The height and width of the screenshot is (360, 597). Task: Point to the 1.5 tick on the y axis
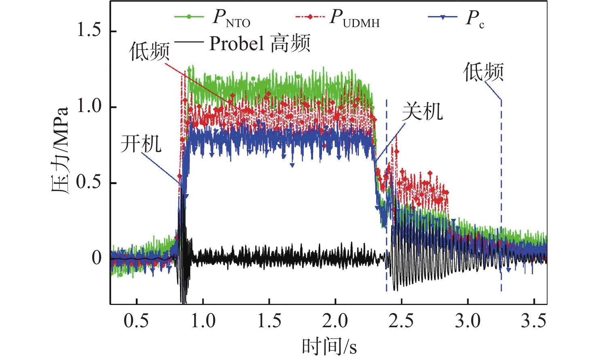(89, 31)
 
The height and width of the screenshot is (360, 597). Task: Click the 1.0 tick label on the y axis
(89, 106)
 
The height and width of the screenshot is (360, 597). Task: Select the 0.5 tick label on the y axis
(89, 182)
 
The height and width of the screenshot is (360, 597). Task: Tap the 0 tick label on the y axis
(96, 258)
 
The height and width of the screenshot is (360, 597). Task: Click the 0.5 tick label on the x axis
(136, 321)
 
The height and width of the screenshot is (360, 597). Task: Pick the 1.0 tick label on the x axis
(203, 321)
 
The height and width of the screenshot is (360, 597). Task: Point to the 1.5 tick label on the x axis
(269, 321)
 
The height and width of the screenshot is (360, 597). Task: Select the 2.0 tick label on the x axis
(335, 321)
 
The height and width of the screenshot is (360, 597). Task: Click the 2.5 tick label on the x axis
(401, 321)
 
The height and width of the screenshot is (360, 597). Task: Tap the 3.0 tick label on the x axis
(468, 321)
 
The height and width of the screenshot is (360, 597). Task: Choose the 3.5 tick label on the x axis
(533, 321)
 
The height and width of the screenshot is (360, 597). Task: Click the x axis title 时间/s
(329, 347)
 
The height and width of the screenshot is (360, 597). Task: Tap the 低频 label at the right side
(483, 72)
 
